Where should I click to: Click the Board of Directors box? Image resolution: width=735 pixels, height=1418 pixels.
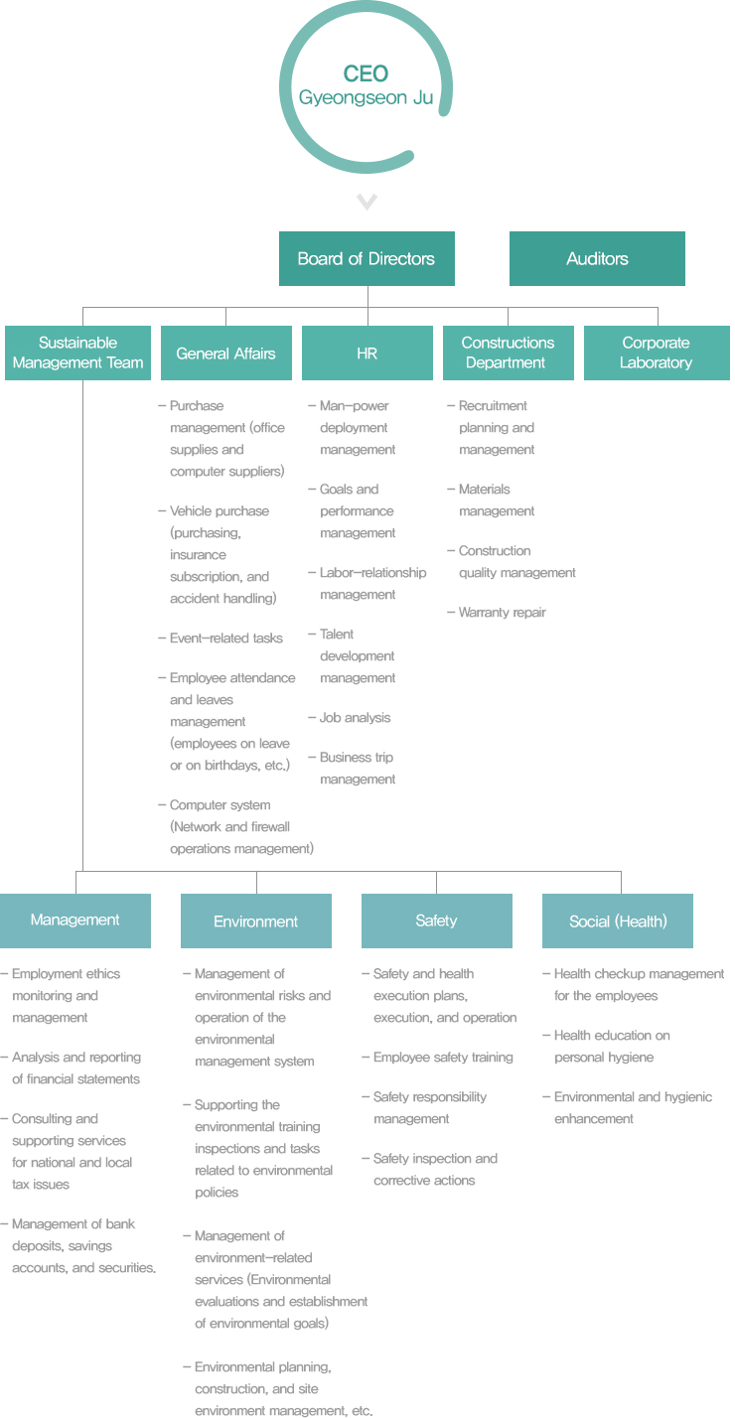tap(367, 258)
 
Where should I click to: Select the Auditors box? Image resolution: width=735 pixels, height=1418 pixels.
tap(597, 258)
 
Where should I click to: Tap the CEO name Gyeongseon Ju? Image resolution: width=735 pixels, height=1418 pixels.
tap(366, 97)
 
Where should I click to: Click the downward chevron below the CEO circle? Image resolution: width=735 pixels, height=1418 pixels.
tap(367, 202)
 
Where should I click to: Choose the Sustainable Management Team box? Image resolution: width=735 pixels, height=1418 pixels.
tap(77, 353)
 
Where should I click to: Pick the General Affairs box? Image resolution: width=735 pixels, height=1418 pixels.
tap(226, 353)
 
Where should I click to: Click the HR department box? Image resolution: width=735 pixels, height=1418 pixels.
tap(367, 353)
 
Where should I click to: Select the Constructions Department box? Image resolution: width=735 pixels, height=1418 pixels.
tap(509, 353)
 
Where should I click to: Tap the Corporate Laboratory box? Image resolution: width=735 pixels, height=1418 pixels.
tap(657, 353)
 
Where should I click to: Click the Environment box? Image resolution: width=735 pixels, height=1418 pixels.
tap(256, 922)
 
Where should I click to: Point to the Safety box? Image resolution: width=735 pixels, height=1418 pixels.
tap(437, 922)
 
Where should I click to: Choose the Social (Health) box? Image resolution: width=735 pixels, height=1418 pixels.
tap(617, 922)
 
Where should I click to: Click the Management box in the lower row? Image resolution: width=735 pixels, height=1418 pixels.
tap(75, 922)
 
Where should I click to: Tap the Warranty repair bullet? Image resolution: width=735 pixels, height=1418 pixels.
tap(497, 612)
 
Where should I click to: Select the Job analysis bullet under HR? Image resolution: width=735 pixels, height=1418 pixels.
tap(350, 717)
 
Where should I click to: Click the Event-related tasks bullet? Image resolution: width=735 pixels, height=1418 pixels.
tap(220, 638)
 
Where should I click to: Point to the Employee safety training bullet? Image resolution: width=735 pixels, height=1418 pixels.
tap(437, 1058)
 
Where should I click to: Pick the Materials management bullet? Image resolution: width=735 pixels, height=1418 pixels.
tap(491, 500)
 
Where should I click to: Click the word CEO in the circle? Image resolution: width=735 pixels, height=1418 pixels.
tap(366, 73)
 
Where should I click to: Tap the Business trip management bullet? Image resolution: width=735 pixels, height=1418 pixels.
tap(352, 768)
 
